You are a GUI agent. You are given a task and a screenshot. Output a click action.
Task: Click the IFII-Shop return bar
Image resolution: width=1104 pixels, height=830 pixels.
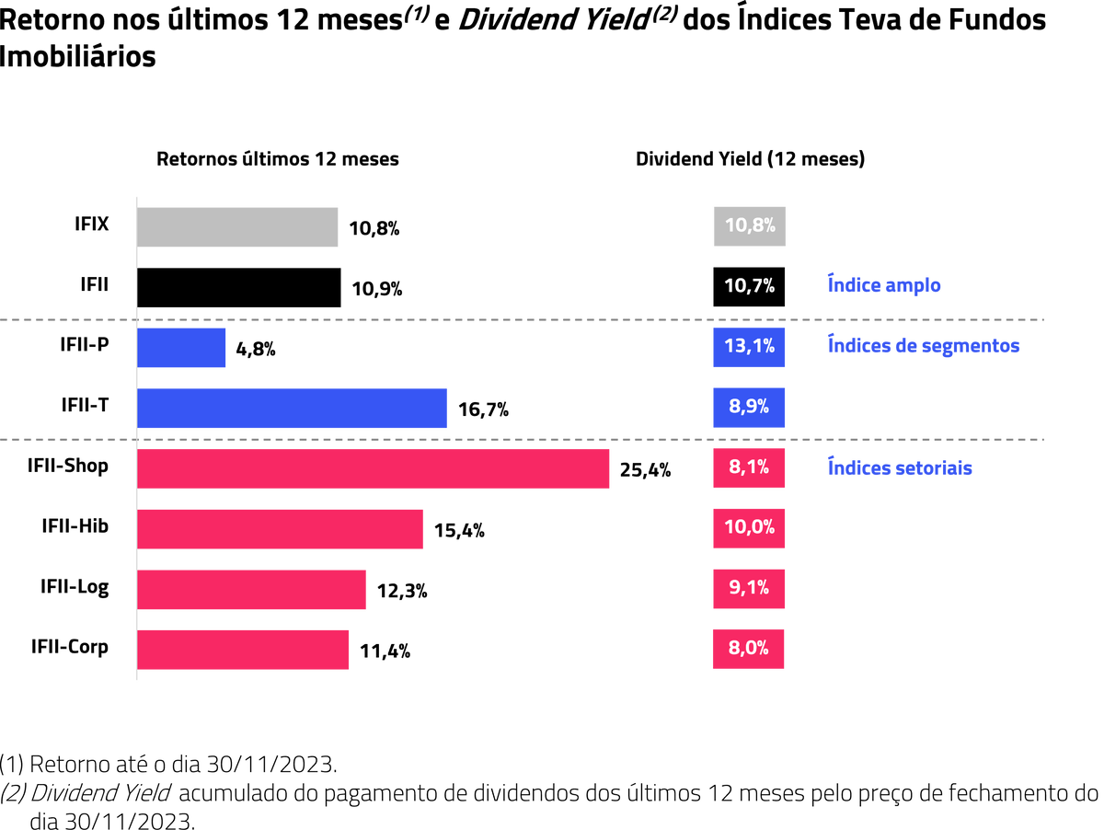pos(373,468)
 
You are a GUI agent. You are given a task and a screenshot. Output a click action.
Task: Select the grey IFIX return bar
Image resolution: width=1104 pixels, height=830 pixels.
pos(237,227)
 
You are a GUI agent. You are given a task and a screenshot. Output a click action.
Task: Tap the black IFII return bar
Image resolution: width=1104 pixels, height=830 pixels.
pos(239,287)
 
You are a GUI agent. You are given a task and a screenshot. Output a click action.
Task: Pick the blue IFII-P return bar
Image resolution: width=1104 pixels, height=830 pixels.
pos(181,348)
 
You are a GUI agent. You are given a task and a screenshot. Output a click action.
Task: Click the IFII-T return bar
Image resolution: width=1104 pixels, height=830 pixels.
pos(292,408)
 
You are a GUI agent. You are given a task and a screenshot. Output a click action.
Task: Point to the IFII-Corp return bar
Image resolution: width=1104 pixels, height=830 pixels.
pos(243,650)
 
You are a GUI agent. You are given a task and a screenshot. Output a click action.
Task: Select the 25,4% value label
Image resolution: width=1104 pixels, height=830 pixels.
pos(645,470)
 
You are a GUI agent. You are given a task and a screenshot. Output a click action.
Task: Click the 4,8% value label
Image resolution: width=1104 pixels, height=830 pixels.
pos(256,350)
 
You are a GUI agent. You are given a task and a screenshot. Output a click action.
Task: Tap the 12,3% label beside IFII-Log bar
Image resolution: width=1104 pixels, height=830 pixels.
pos(402,592)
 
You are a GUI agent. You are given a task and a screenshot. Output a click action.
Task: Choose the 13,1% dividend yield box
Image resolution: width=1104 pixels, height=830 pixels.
pos(749,347)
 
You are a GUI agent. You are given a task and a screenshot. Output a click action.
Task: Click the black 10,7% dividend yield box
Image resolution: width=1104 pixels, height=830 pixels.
pos(749,287)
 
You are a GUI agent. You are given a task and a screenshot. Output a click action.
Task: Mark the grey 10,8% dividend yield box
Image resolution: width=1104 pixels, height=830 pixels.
pos(749,226)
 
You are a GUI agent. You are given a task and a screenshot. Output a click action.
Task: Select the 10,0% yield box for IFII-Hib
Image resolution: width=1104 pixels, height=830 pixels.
pos(749,528)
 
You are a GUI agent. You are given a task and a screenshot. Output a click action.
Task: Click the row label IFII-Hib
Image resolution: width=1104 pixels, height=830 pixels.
pos(75,525)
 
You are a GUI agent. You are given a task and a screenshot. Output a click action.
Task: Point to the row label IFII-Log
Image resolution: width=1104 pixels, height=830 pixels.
pos(75,586)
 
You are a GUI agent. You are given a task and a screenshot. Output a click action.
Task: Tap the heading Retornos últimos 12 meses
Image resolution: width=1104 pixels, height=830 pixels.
pos(278,159)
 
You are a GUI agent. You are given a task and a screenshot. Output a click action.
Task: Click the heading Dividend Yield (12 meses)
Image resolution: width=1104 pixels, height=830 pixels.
pos(750,159)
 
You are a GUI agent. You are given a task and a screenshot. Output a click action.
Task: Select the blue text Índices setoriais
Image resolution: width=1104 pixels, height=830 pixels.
pos(900,467)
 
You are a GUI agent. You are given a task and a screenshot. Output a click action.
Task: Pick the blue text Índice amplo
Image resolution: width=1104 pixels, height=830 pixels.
pos(884,285)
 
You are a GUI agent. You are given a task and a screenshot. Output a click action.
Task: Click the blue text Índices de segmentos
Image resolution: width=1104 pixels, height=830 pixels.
pos(924,346)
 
